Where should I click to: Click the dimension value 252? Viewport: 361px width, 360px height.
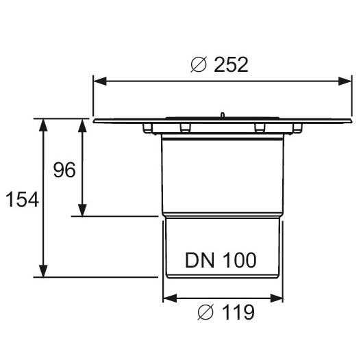[x=231, y=65]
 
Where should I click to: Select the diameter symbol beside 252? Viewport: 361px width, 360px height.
[x=199, y=64]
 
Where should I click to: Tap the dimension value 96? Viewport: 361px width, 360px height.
[x=64, y=170]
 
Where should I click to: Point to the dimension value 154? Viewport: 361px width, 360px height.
[x=22, y=199]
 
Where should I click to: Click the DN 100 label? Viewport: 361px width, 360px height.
[x=221, y=260]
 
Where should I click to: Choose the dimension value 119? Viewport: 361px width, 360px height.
[x=238, y=312]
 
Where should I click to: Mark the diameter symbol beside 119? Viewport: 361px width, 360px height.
[x=206, y=312]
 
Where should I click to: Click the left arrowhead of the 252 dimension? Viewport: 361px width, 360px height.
[x=100, y=81]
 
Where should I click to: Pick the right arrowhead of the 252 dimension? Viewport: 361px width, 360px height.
[x=345, y=81]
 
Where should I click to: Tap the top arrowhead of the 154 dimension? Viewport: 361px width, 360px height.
[x=43, y=125]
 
